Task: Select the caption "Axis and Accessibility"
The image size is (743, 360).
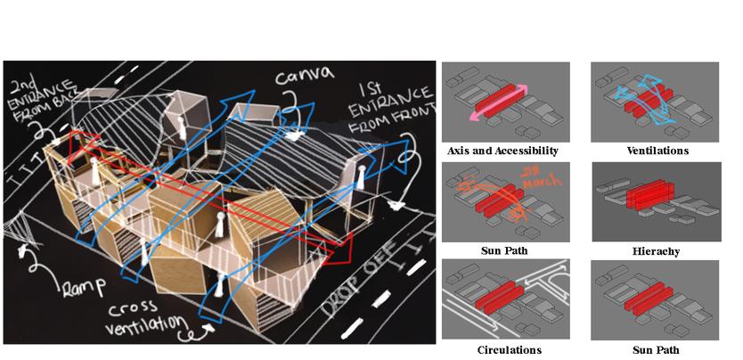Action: pyautogui.click(x=505, y=151)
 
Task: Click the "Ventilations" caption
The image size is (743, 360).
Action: pyautogui.click(x=657, y=151)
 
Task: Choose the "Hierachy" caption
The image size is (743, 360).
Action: pyautogui.click(x=655, y=251)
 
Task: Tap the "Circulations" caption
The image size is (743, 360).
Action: pyautogui.click(x=504, y=350)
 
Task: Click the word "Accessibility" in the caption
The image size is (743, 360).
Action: pyautogui.click(x=529, y=151)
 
